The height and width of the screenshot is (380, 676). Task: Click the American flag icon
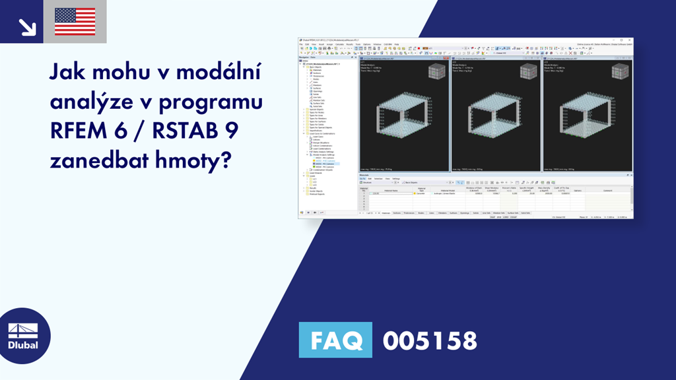75,21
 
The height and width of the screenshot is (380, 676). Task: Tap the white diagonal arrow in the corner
26,26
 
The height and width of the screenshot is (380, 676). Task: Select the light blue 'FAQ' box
335,340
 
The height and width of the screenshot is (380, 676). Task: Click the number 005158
430,340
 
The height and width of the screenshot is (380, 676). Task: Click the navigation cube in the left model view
436,73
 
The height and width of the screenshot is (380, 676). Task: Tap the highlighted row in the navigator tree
323,164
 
